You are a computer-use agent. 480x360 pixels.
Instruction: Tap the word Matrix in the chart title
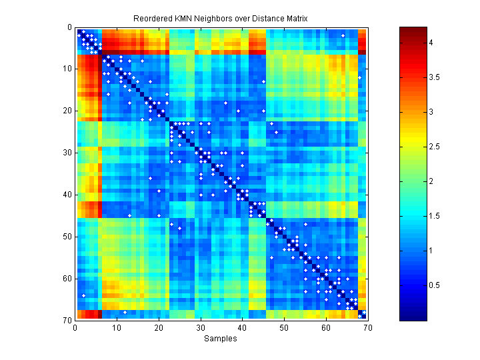(295, 18)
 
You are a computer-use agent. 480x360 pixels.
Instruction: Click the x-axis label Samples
(220, 339)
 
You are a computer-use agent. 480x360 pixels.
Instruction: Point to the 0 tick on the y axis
(69, 27)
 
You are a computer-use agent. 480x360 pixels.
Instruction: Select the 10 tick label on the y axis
(67, 69)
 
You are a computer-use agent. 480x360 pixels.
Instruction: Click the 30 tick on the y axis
(67, 153)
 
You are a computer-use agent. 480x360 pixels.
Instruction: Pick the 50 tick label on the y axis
(67, 237)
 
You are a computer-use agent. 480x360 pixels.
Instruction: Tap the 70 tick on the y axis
(67, 321)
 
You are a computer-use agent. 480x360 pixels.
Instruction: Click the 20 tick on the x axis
(158, 328)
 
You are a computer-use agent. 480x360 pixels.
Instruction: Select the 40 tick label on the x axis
(242, 328)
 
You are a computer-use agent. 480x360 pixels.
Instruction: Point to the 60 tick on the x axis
(325, 328)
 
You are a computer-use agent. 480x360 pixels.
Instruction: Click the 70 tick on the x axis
(367, 328)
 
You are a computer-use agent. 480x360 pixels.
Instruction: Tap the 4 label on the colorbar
(432, 43)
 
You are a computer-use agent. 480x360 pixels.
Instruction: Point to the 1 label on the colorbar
(432, 251)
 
